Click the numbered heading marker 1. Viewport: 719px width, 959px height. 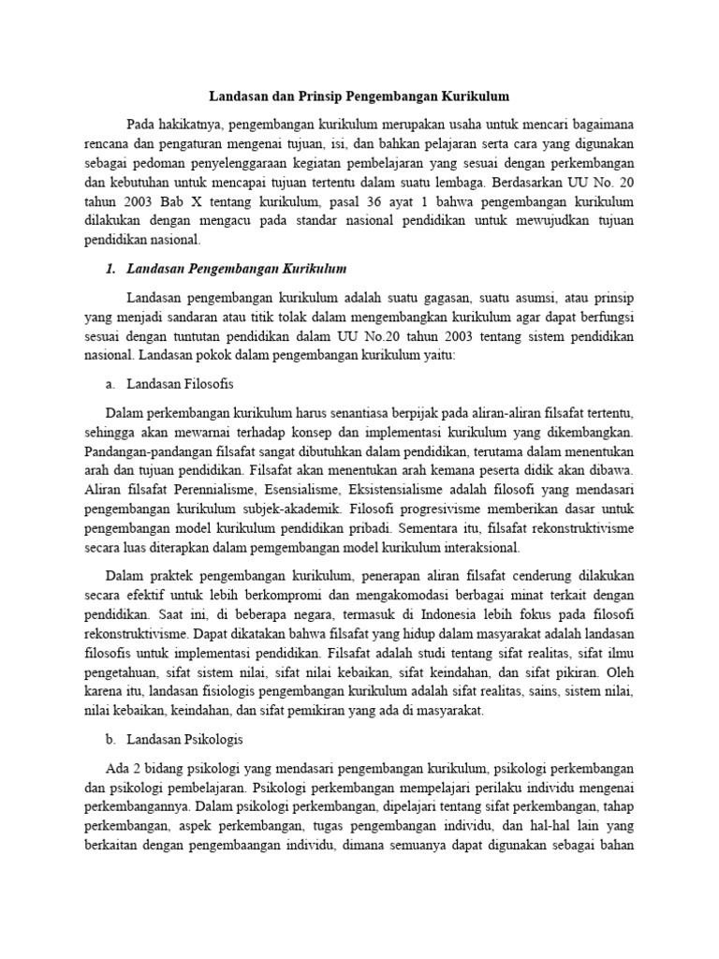110,270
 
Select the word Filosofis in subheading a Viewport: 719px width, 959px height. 205,384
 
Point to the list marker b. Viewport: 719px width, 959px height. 110,739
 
